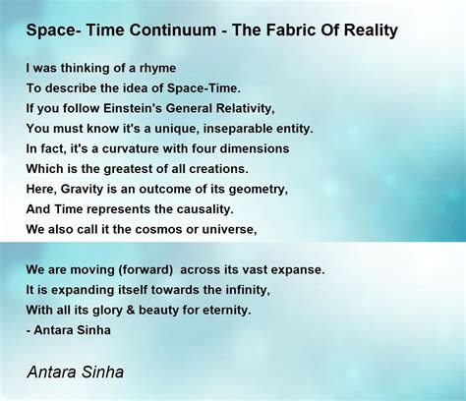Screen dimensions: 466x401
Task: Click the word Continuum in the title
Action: click(172, 29)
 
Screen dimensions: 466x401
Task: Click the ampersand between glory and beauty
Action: click(131, 311)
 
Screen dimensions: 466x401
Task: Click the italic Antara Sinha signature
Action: click(76, 372)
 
